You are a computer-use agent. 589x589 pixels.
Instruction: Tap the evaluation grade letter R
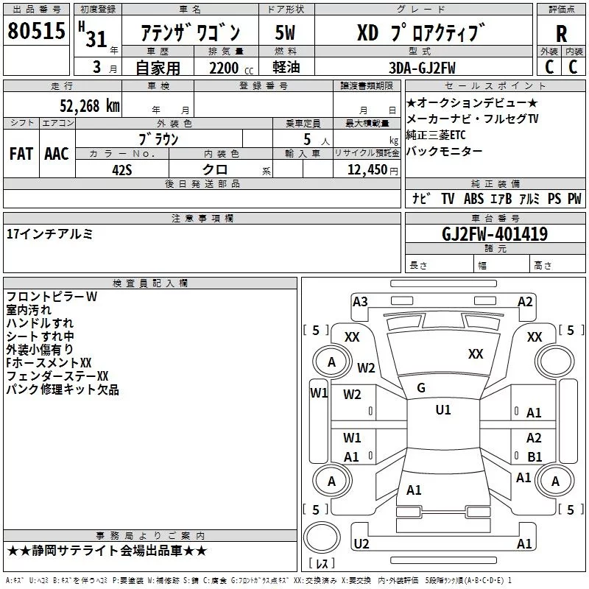[x=561, y=33]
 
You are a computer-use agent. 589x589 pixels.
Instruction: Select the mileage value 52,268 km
[x=91, y=105]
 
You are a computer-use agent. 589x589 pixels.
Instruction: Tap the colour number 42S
[x=122, y=169]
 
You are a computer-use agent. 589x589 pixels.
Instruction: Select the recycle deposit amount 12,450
[x=366, y=170]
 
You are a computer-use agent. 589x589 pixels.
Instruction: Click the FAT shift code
[x=21, y=154]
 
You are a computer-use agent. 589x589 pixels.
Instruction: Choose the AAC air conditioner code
[x=57, y=154]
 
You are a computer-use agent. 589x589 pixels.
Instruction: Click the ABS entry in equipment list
[x=473, y=199]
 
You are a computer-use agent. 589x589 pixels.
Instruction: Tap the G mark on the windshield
[x=421, y=387]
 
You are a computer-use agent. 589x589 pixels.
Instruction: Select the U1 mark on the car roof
[x=443, y=410]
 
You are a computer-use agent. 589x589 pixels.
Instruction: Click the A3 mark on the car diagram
[x=360, y=301]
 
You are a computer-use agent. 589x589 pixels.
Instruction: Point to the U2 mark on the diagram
[x=361, y=543]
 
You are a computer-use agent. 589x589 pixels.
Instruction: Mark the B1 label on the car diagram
[x=534, y=456]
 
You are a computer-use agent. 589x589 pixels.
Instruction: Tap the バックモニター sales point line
[x=445, y=152]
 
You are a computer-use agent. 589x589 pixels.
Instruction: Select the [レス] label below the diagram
[x=322, y=563]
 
